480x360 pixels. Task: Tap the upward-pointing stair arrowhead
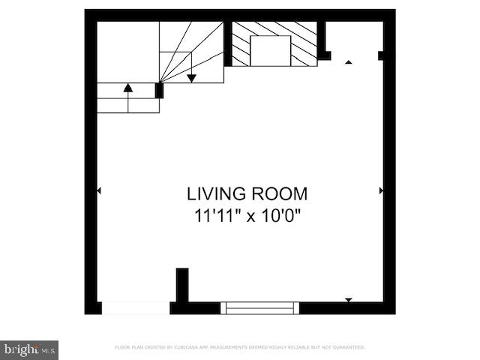click(x=128, y=88)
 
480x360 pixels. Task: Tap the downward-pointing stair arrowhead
click(x=191, y=77)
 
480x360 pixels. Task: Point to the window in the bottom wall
click(x=260, y=307)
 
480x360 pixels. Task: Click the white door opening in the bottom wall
click(x=136, y=307)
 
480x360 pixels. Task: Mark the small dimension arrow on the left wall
click(x=99, y=191)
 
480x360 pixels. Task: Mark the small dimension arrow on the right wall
click(x=381, y=191)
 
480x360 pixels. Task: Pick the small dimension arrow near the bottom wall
click(x=348, y=300)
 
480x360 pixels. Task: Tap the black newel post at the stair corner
click(x=159, y=90)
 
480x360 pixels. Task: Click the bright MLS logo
click(x=29, y=349)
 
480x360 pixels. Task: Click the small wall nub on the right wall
click(x=381, y=55)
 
